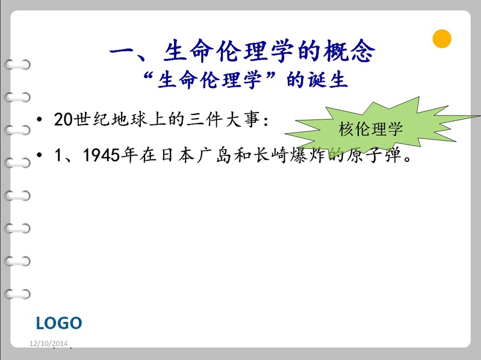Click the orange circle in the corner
[x=442, y=39]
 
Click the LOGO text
[x=59, y=323]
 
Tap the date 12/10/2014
[x=49, y=343]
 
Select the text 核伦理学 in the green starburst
[x=370, y=129]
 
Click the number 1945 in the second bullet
[x=102, y=155]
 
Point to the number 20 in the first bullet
[x=64, y=119]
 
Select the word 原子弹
[x=374, y=155]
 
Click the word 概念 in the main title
[x=349, y=51]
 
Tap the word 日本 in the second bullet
[x=178, y=155]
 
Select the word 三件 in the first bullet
[x=205, y=119]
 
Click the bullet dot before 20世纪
[x=39, y=119]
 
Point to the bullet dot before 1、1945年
[x=39, y=155]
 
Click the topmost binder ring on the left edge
[x=17, y=64]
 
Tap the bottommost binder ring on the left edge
[x=17, y=294]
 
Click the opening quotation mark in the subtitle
[x=149, y=76]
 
